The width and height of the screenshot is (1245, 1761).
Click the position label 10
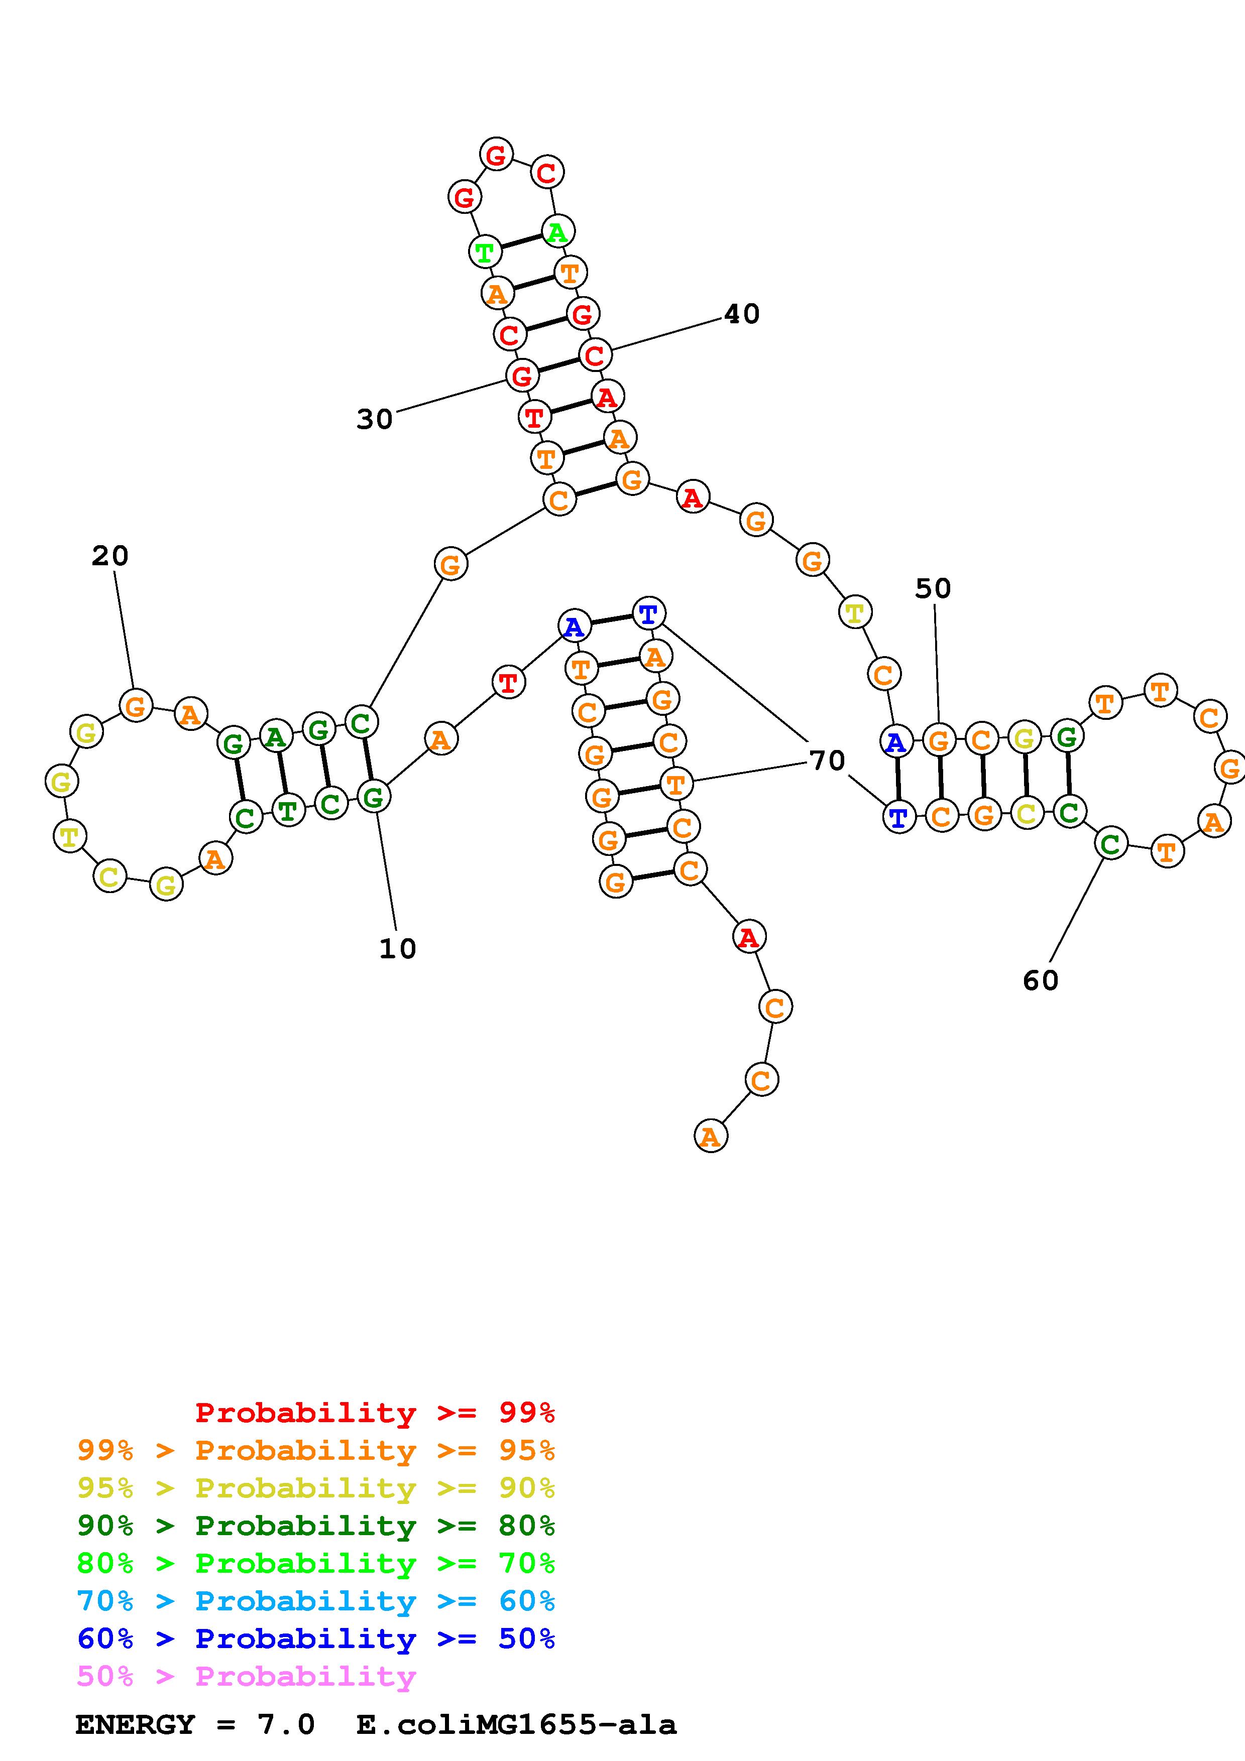click(397, 949)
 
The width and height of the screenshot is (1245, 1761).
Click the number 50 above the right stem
click(933, 588)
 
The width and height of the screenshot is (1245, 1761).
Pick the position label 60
click(1040, 980)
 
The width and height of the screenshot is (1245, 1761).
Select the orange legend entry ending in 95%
click(316, 1450)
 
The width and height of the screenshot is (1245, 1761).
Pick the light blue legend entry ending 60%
click(316, 1601)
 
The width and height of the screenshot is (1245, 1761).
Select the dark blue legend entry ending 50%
click(316, 1639)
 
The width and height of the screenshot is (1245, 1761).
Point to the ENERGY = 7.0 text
click(195, 1725)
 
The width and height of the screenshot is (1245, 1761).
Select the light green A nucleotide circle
click(557, 231)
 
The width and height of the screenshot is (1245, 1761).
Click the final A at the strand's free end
click(710, 1136)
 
